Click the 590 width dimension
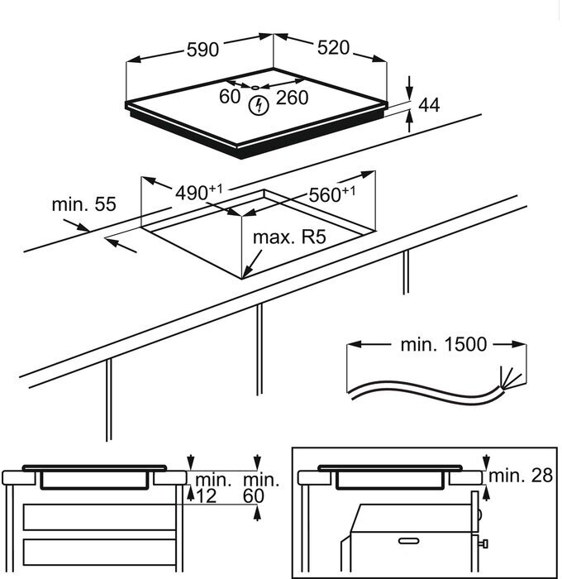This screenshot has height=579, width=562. pyautogui.click(x=202, y=50)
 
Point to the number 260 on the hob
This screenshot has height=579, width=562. pyautogui.click(x=291, y=98)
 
